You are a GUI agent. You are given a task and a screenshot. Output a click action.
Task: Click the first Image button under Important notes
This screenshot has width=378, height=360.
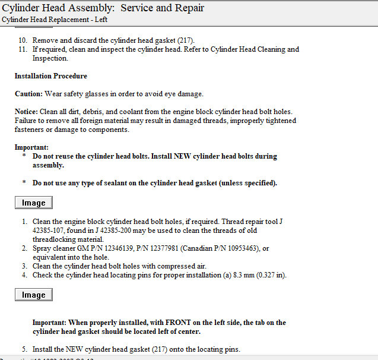click(34, 203)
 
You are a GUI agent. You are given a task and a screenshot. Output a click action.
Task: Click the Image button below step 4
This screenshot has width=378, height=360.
click(34, 295)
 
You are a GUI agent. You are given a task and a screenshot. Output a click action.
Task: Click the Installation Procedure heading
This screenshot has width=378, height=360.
click(51, 77)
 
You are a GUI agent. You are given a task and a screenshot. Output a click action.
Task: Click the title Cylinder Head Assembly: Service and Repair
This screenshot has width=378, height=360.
click(103, 8)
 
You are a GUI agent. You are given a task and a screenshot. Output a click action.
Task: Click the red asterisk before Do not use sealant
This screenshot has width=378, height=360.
click(24, 183)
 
